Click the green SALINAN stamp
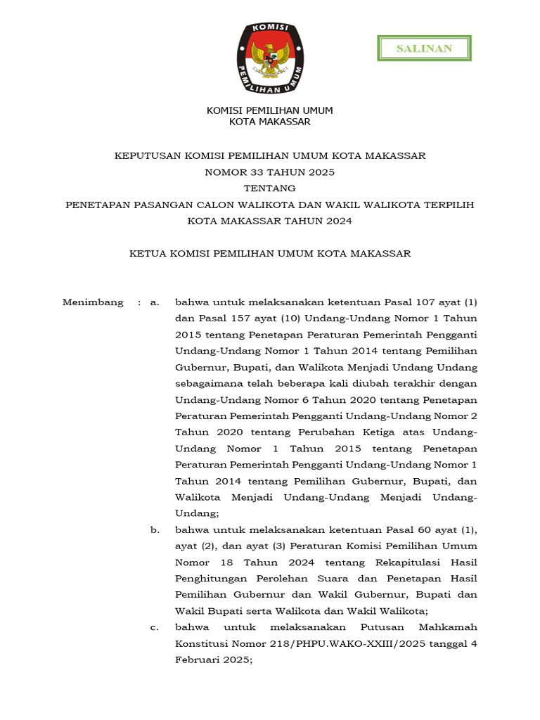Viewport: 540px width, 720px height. tap(424, 49)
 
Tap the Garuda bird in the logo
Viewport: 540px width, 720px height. tap(270, 59)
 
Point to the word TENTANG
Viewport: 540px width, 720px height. tap(269, 188)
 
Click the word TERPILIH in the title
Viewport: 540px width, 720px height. tap(449, 205)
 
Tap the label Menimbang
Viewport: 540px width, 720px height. tap(92, 302)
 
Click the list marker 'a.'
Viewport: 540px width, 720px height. tap(154, 302)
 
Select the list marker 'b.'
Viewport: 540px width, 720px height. tap(154, 529)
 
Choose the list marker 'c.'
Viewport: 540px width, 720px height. tap(154, 626)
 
